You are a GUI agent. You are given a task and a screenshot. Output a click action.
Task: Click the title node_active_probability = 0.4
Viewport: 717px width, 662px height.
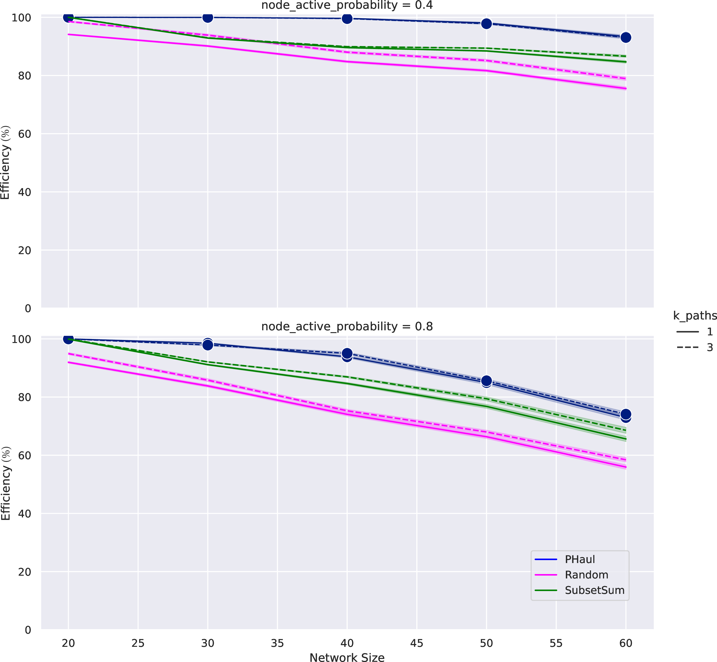347,5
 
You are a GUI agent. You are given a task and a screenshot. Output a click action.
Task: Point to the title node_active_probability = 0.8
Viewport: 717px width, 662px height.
347,326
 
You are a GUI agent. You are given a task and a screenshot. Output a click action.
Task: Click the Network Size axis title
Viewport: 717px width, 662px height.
347,657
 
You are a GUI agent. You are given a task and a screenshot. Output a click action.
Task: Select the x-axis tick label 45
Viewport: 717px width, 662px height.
417,643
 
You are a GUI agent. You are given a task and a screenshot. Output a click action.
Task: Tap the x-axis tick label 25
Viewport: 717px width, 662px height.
138,643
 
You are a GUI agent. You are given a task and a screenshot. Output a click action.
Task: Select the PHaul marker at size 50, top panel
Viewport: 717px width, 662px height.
486,24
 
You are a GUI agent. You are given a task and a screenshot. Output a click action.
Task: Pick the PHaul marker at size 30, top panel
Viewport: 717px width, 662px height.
208,17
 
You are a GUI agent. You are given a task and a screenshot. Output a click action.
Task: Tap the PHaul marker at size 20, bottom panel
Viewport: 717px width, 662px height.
68,339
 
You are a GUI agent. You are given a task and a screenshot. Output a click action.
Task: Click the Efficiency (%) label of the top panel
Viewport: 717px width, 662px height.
5,162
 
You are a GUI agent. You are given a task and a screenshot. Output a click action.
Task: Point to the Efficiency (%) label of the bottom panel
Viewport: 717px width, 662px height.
5,483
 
